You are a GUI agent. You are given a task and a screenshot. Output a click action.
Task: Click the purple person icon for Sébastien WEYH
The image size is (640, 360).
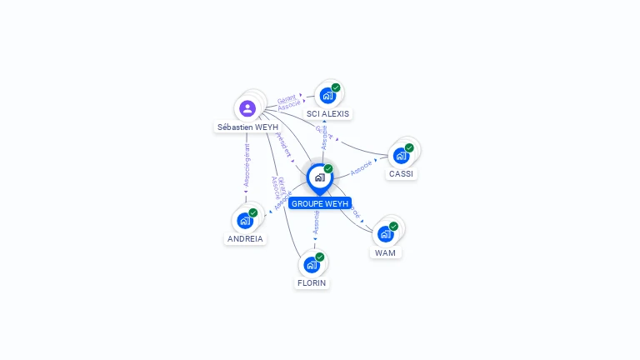click(247, 108)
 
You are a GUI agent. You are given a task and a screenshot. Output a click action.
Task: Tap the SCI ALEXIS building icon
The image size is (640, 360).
click(327, 95)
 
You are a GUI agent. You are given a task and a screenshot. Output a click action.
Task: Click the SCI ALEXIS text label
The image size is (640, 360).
click(328, 113)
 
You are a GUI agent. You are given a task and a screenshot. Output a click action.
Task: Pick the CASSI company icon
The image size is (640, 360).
click(401, 156)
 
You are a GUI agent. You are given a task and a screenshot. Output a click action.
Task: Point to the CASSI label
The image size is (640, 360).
click(402, 174)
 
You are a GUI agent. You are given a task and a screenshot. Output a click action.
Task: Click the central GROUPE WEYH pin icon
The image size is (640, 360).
click(319, 177)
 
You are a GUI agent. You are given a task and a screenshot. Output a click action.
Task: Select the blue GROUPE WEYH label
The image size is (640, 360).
click(320, 203)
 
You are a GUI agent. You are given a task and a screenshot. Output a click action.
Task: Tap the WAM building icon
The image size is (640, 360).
click(385, 233)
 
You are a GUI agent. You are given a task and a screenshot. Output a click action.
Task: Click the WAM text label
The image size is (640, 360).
click(385, 252)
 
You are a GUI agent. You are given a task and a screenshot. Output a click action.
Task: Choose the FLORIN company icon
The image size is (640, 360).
click(312, 265)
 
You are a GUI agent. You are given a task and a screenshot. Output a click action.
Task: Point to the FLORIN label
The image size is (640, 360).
click(312, 283)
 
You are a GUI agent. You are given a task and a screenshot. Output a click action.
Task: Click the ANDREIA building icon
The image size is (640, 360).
click(244, 220)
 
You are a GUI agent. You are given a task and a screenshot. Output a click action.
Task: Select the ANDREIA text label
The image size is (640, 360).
click(245, 238)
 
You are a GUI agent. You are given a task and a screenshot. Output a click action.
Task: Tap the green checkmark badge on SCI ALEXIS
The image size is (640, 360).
click(336, 87)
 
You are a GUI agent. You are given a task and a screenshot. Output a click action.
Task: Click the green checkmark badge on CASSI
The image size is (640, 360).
click(409, 147)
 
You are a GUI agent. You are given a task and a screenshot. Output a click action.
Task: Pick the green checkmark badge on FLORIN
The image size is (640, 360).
click(320, 257)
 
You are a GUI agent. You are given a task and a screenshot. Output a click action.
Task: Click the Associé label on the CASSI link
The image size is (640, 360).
click(361, 168)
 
